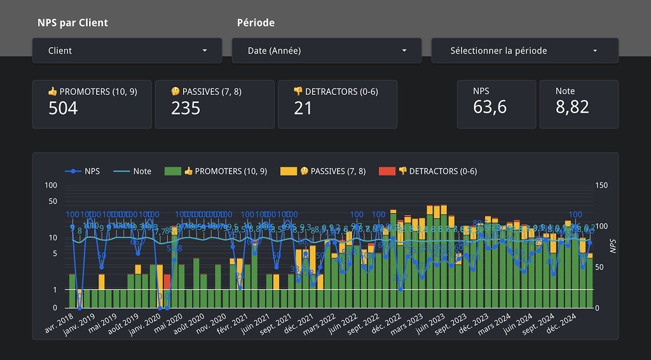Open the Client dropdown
pyautogui.click(x=127, y=51)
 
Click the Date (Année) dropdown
pyautogui.click(x=326, y=51)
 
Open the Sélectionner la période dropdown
pyautogui.click(x=524, y=51)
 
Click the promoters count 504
pyautogui.click(x=63, y=108)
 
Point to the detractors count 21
pyautogui.click(x=303, y=108)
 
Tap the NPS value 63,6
pyautogui.click(x=490, y=107)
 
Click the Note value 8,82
pyautogui.click(x=572, y=107)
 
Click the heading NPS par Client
pyautogui.click(x=72, y=23)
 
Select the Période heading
pyautogui.click(x=256, y=23)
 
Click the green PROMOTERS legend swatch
pyautogui.click(x=173, y=171)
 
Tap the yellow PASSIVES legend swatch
pyautogui.click(x=289, y=171)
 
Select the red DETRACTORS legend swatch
pyautogui.click(x=387, y=171)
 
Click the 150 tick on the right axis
pyautogui.click(x=601, y=185)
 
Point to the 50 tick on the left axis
pyautogui.click(x=52, y=202)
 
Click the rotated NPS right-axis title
pyautogui.click(x=613, y=247)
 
